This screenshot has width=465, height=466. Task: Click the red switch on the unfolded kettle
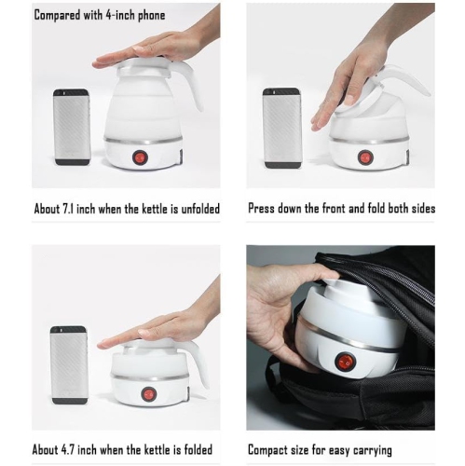141,158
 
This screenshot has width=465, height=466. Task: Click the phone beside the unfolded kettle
72,127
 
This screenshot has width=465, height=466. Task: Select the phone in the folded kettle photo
68,364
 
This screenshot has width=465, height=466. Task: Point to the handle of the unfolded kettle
194,89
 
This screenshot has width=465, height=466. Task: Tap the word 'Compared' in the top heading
62,16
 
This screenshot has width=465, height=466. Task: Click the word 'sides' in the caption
420,209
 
